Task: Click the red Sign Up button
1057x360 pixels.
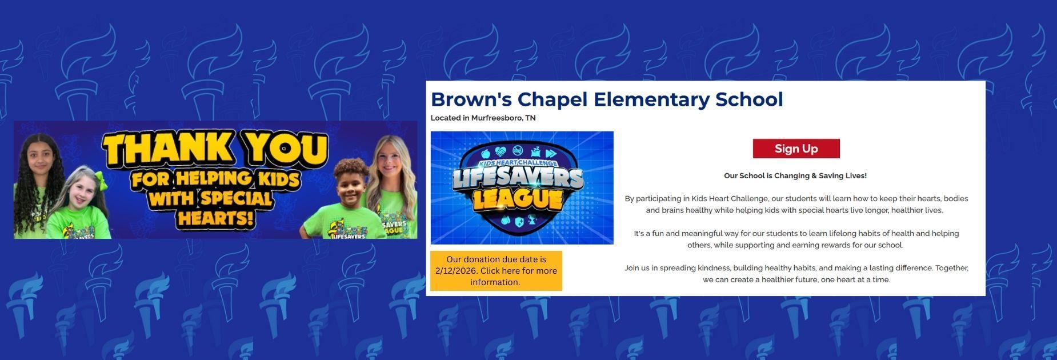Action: point(796,149)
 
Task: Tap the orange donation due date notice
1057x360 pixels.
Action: point(496,271)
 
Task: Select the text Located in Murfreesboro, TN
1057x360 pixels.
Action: point(483,118)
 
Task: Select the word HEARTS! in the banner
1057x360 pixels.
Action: point(215,218)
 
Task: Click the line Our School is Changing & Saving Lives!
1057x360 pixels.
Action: point(795,176)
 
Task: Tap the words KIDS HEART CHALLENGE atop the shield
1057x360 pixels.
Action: point(517,163)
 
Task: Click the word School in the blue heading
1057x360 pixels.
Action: point(749,99)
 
